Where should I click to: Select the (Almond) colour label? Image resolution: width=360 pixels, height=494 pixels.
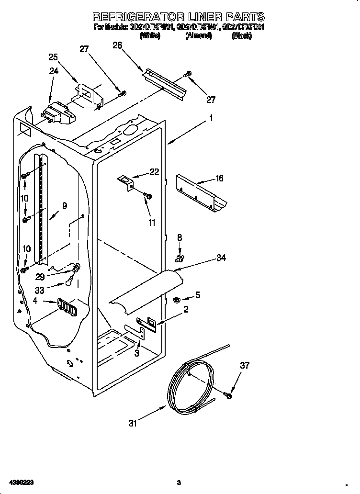click(x=198, y=36)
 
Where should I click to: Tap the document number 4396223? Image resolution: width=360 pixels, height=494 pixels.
click(x=20, y=482)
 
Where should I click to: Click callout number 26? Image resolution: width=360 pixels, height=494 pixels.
click(x=117, y=45)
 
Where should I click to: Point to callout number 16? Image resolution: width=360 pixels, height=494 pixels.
click(x=219, y=179)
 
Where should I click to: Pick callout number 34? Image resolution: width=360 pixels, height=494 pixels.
click(x=221, y=258)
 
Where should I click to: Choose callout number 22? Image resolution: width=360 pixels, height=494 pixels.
click(x=154, y=172)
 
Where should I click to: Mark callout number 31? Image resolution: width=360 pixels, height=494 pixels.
click(x=133, y=423)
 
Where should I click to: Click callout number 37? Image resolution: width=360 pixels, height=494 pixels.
click(x=245, y=366)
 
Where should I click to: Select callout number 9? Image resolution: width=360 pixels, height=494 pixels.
click(x=64, y=206)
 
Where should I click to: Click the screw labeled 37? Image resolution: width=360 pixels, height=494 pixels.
click(x=228, y=395)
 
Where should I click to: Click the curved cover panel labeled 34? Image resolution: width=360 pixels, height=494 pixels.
click(x=146, y=293)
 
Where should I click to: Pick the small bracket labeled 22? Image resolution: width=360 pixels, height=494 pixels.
click(x=127, y=183)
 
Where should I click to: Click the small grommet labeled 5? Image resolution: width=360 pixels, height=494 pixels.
click(x=176, y=300)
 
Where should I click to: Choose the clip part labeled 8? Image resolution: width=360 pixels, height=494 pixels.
click(x=179, y=259)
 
